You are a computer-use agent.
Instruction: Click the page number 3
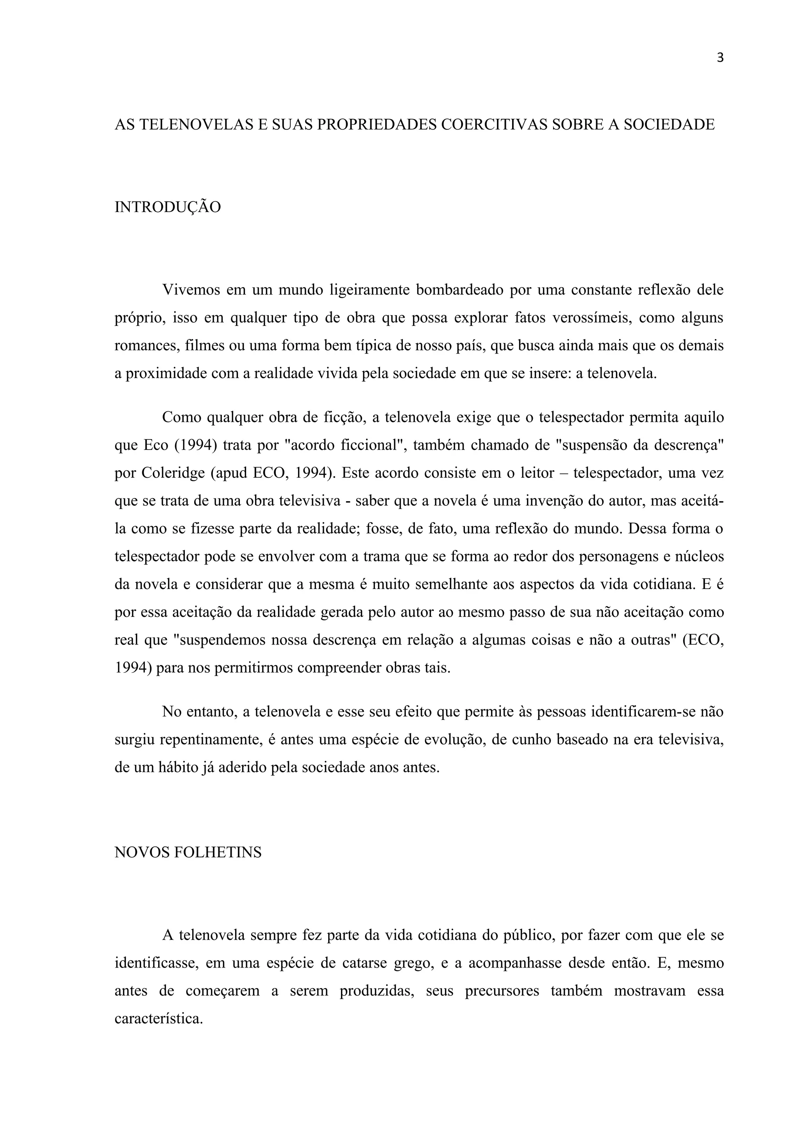[720, 58]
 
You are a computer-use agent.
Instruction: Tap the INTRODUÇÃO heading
[168, 207]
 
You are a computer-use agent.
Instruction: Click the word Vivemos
[191, 290]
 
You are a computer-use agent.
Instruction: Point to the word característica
[159, 1019]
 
